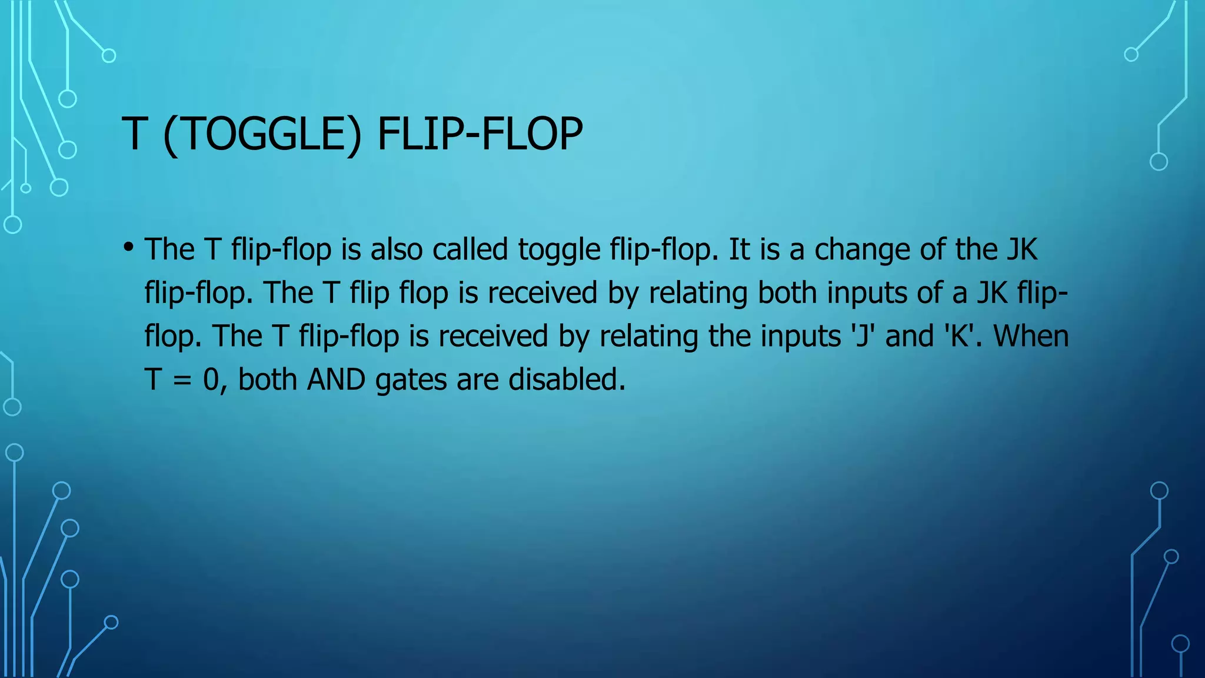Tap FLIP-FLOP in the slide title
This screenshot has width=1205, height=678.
(x=480, y=134)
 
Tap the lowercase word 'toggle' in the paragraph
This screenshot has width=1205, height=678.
(x=558, y=250)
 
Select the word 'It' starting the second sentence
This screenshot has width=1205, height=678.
(x=739, y=249)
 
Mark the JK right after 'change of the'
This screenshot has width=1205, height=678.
(x=1021, y=249)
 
